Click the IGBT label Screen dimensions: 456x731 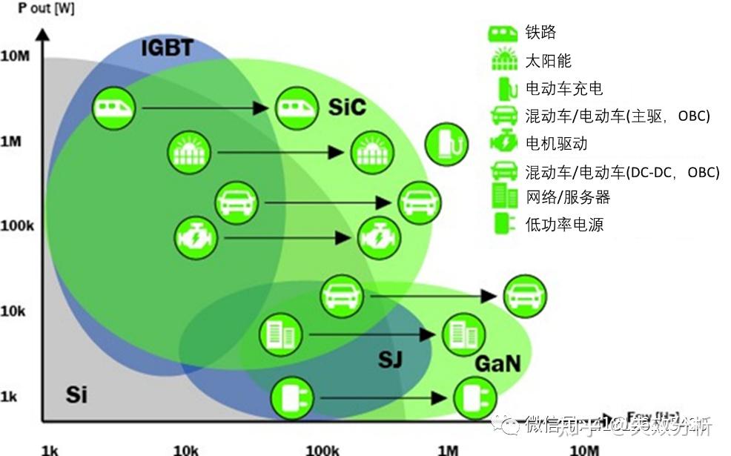click(x=167, y=49)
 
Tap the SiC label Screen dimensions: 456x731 click(x=347, y=107)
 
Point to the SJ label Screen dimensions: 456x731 click(x=390, y=360)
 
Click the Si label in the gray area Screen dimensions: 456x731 click(x=76, y=394)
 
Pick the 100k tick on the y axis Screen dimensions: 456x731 click(x=17, y=225)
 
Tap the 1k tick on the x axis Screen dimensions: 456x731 click(x=50, y=449)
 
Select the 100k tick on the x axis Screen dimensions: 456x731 click(x=322, y=449)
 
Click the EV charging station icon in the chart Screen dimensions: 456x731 click(x=446, y=144)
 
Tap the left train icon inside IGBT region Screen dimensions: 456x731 click(x=115, y=108)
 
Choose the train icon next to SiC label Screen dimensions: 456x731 click(x=297, y=108)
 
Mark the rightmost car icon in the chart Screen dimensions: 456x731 click(x=525, y=296)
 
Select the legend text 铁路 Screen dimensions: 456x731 click(x=540, y=33)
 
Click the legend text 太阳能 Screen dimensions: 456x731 click(x=549, y=61)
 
